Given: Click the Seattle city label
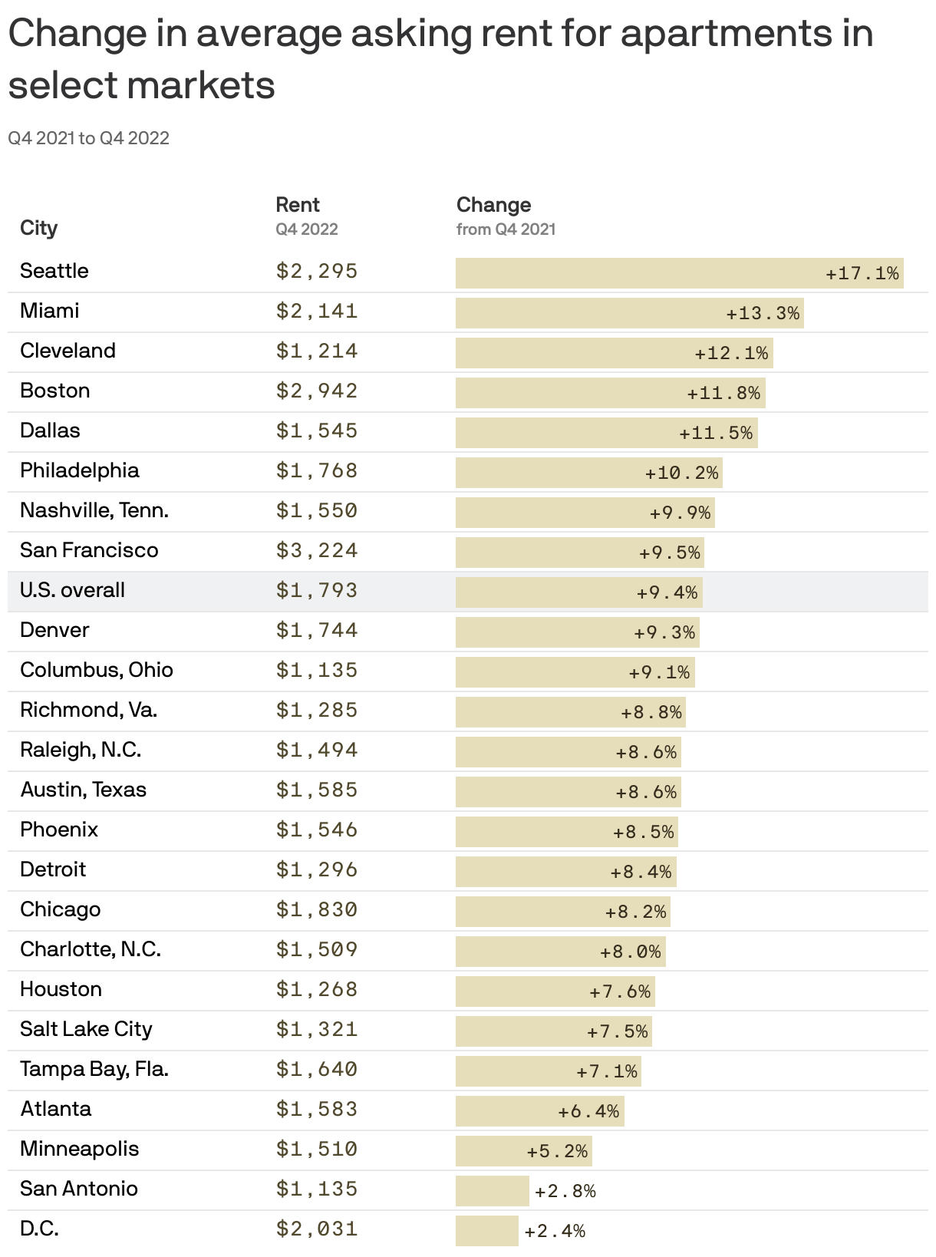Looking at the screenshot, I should click(54, 271).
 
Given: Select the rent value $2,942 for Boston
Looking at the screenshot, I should click(317, 391).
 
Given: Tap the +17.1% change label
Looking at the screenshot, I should click(862, 274).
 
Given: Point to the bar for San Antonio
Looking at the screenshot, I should click(492, 1191).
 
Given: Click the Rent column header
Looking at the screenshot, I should click(298, 205).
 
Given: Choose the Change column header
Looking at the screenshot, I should click(493, 205).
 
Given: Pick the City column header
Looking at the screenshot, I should click(38, 228).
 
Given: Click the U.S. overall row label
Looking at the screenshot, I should click(72, 590).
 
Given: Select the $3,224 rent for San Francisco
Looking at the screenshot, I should click(317, 550).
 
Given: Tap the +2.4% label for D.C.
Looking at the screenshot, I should click(555, 1231).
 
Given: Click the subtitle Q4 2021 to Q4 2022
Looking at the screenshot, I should click(88, 138).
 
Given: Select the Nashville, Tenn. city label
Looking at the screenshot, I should click(94, 510).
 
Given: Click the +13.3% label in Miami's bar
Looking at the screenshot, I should click(763, 314).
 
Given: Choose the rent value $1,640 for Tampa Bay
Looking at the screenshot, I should click(317, 1069).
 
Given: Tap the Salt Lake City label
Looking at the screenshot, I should click(86, 1029).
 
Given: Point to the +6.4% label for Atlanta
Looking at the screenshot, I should click(588, 1111).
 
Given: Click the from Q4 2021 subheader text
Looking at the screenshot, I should click(506, 229).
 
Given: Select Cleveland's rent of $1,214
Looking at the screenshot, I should click(317, 351).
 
